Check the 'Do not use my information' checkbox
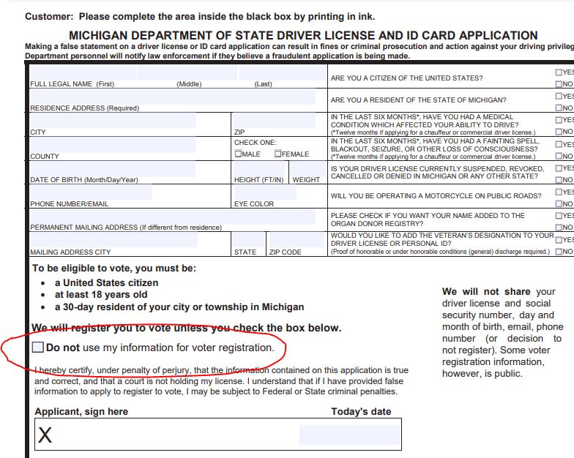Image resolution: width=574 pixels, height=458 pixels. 38,348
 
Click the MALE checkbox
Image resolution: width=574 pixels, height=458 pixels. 239,154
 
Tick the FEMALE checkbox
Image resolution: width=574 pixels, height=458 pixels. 278,154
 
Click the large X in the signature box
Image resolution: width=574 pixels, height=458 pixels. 45,436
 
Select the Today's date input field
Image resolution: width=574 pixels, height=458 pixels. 349,435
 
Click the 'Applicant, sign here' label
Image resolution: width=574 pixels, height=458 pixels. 81,411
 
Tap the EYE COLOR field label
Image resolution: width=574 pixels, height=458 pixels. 254,204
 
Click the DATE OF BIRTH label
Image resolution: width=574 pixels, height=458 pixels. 83,180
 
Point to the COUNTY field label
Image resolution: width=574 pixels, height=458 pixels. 45,157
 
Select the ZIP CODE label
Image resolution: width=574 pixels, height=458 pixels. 285,252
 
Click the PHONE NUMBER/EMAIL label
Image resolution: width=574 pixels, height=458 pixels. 69,204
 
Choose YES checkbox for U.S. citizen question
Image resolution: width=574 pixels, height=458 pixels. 559,72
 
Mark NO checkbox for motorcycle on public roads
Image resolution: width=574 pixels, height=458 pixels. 559,203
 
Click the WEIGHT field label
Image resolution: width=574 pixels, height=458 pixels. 306,180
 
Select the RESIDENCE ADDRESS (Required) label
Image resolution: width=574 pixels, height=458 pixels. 84,108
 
